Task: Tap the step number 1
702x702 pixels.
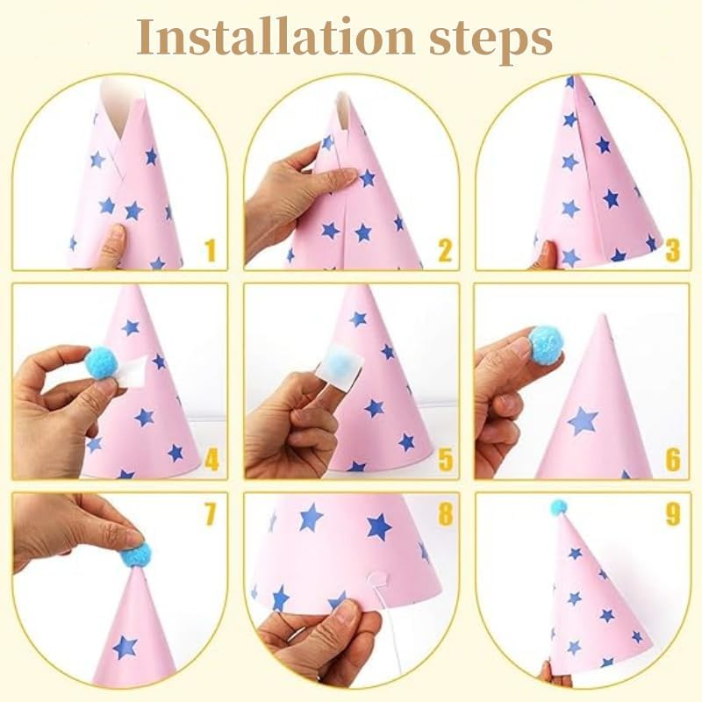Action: click(209, 251)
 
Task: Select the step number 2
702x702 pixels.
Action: click(444, 251)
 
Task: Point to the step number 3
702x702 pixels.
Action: click(672, 251)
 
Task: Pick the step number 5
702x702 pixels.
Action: click(444, 459)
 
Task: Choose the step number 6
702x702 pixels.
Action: click(672, 459)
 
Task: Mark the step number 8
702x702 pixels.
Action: click(444, 514)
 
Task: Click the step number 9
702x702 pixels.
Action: click(672, 514)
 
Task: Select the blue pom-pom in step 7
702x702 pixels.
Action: click(136, 555)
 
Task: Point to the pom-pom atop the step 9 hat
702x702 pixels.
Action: click(557, 507)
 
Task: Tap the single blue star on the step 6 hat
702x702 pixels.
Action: click(583, 420)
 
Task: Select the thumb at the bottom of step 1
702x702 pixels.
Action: click(111, 247)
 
